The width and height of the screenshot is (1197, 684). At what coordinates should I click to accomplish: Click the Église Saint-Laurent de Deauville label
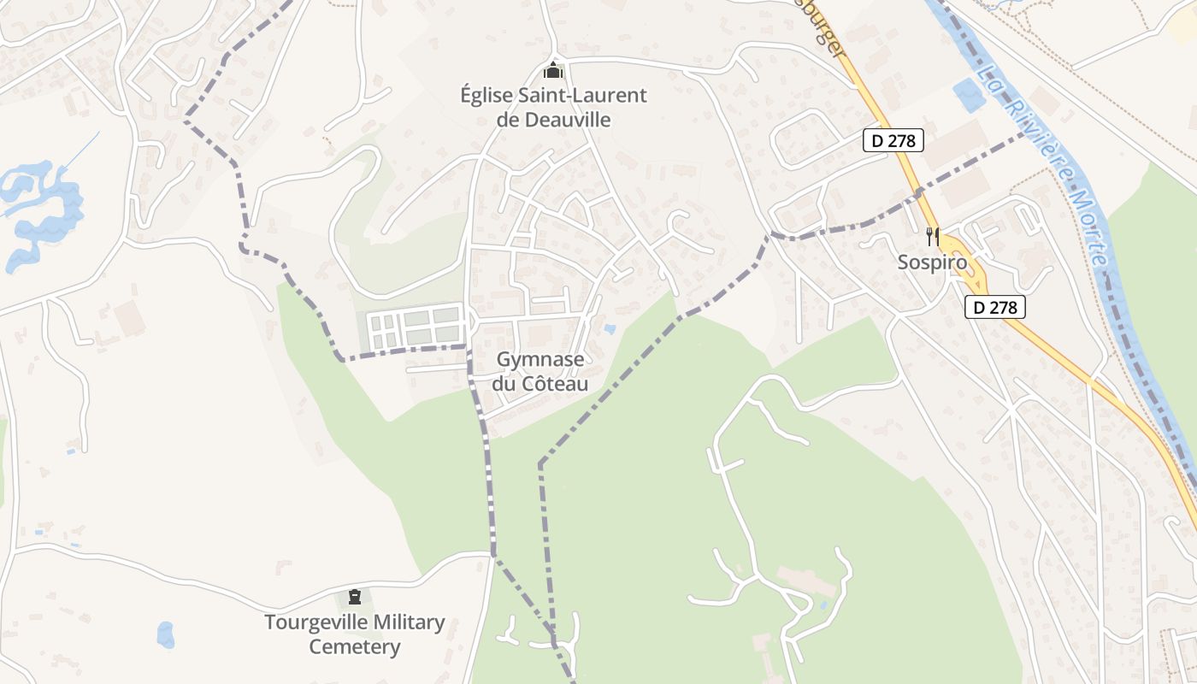(553, 108)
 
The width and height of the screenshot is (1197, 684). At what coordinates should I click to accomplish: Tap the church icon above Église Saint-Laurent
(553, 70)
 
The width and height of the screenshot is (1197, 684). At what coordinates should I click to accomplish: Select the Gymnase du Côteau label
(540, 372)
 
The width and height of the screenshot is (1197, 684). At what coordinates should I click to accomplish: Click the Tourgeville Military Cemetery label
(355, 634)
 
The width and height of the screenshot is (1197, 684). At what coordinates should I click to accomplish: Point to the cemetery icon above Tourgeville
(355, 596)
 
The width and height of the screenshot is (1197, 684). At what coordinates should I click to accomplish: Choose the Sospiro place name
(932, 262)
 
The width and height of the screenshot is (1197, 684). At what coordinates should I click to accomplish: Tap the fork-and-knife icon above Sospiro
(932, 236)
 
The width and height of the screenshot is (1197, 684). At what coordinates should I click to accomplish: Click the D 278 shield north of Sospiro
(893, 141)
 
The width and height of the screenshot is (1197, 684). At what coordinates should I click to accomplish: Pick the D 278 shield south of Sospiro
(995, 307)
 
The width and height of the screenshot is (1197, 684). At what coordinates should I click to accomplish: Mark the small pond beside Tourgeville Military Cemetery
(165, 634)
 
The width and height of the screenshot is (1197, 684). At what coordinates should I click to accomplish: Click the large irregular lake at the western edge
(38, 209)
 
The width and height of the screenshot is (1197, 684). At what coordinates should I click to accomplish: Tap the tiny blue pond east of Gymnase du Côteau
(609, 328)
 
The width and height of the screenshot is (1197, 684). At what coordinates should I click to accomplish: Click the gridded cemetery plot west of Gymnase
(415, 327)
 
